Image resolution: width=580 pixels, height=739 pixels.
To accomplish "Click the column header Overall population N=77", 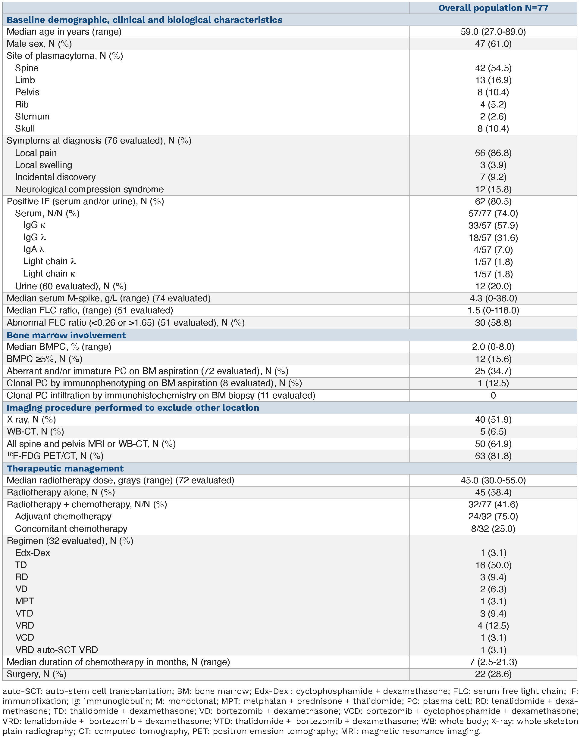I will click(493, 8).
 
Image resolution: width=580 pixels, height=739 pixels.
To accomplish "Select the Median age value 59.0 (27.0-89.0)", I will click(493, 32).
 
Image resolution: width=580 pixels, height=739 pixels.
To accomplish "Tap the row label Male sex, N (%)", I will click(39, 44).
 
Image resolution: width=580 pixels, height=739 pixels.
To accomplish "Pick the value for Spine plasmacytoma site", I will click(493, 68).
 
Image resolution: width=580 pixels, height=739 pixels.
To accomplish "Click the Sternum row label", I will click(32, 116).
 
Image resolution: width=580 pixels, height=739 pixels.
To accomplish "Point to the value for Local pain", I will click(493, 153).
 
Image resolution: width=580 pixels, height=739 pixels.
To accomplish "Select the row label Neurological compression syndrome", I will click(89, 189).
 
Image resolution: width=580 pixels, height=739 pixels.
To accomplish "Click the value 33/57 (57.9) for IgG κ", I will click(493, 226).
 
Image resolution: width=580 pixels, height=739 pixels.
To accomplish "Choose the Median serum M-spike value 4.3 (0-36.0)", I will click(493, 298).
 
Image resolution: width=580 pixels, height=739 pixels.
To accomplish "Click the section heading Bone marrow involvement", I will click(66, 335).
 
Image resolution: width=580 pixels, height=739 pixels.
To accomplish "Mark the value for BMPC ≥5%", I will click(493, 359).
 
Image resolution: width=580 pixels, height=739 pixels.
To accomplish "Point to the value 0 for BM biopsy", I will click(493, 395).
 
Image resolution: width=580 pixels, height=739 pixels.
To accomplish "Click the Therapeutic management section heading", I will click(65, 468).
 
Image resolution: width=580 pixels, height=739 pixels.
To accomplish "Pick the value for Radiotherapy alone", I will click(493, 493).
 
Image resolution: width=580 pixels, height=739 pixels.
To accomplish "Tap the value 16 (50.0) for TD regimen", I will click(493, 565).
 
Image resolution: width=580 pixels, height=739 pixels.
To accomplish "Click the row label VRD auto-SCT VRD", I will click(56, 650).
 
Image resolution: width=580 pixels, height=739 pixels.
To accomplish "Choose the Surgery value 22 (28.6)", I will click(493, 674).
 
